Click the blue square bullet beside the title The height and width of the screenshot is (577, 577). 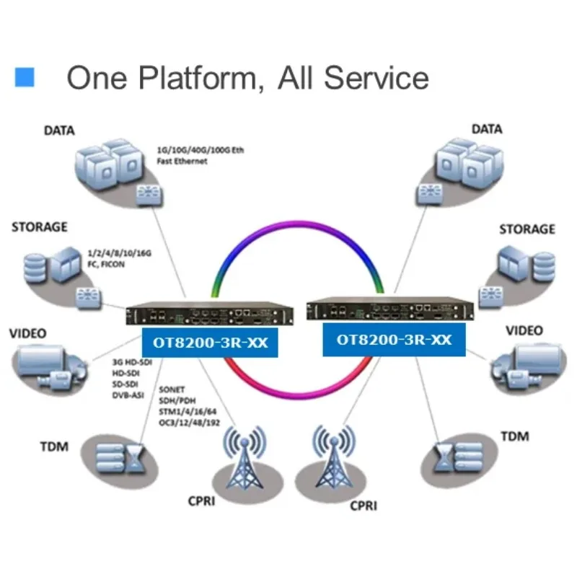[x=25, y=77]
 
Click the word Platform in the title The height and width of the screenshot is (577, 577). [x=198, y=78]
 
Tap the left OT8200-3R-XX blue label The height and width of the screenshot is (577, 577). [x=210, y=342]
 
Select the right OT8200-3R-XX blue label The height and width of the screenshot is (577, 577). [x=394, y=340]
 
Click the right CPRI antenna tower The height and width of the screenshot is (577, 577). [x=334, y=457]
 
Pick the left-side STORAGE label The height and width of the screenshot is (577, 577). [x=40, y=227]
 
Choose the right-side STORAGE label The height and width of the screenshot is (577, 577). [x=527, y=229]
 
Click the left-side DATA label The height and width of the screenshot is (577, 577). [x=59, y=131]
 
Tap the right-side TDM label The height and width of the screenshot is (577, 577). [x=515, y=436]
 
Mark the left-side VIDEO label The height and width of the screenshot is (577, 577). [x=28, y=333]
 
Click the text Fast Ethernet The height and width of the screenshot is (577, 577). [x=182, y=161]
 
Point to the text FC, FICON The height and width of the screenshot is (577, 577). [x=106, y=264]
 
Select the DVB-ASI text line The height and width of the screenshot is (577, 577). [x=128, y=395]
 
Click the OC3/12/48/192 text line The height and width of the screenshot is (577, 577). [x=189, y=423]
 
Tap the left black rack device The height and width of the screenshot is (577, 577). [x=210, y=314]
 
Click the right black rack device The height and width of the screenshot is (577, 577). [x=390, y=309]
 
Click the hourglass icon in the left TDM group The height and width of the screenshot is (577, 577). [x=135, y=458]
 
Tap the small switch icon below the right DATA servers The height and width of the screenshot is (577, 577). [x=429, y=194]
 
